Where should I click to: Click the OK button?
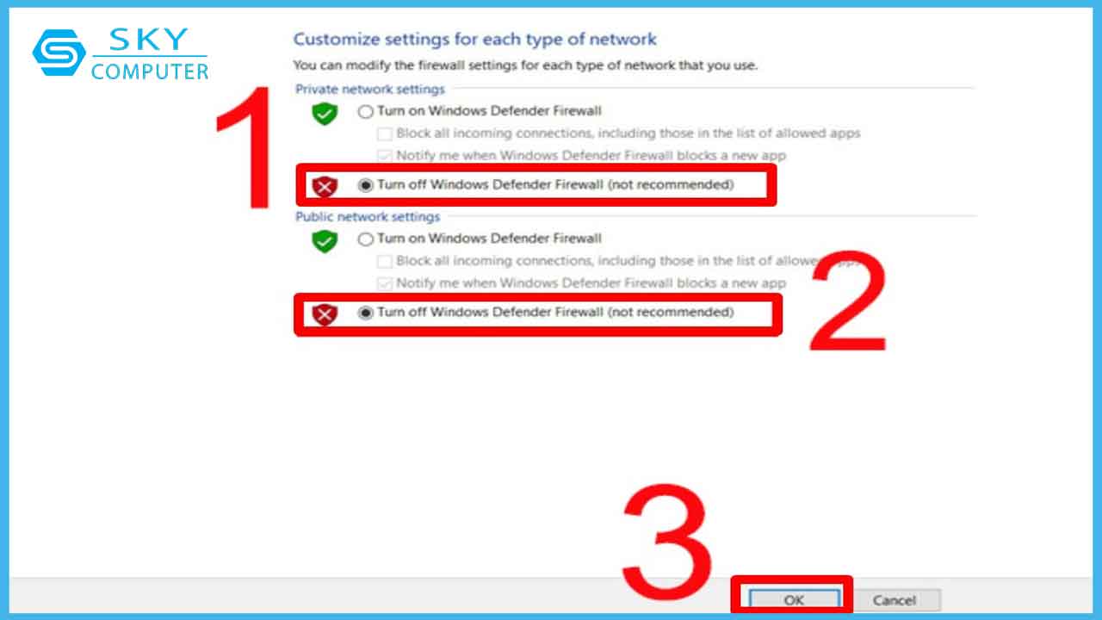point(794,600)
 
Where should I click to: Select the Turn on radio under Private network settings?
point(366,112)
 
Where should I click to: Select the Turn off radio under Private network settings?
point(366,185)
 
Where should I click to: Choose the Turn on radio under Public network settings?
point(366,239)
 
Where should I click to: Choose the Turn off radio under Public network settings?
point(366,313)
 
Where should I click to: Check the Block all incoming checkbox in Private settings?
point(384,133)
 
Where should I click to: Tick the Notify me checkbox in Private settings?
point(384,156)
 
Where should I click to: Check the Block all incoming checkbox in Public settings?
point(384,261)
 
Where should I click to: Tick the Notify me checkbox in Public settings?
point(384,283)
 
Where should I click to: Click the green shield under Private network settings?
point(325,114)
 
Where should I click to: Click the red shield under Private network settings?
point(325,187)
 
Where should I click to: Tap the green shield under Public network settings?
point(325,241)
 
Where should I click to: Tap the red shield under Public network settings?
point(325,314)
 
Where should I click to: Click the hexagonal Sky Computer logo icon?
point(59,53)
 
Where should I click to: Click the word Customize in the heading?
point(337,40)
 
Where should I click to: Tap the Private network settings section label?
point(370,89)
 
